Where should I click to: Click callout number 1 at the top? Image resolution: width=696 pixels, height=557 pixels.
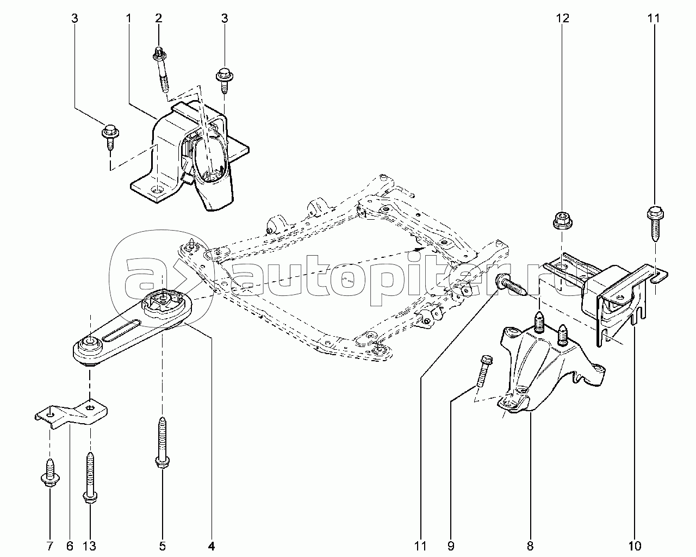point(129,18)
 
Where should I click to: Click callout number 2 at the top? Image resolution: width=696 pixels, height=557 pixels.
point(159,18)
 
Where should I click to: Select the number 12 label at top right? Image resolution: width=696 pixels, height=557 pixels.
point(562,18)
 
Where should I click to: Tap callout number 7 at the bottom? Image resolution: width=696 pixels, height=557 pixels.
point(49,545)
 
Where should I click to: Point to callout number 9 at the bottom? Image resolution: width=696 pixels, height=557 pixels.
point(451,545)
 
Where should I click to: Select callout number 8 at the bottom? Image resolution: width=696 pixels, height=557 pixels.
point(530,545)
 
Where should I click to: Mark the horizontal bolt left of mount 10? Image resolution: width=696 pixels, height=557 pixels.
point(510,285)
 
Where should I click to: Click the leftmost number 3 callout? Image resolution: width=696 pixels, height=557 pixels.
point(74,18)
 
